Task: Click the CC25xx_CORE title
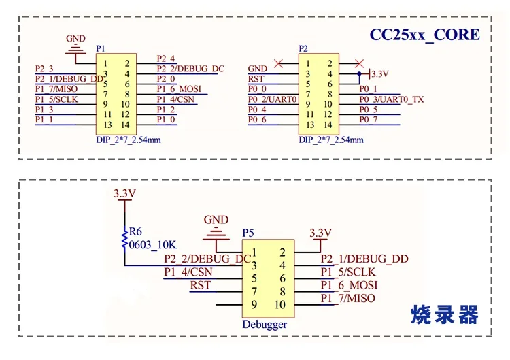pyautogui.click(x=424, y=35)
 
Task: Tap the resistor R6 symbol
pyautogui.click(x=124, y=241)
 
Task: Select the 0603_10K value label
pyautogui.click(x=152, y=245)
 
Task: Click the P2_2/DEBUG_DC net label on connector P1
pyautogui.click(x=190, y=69)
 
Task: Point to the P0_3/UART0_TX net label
pyautogui.click(x=392, y=99)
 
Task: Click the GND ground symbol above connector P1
pyautogui.click(x=75, y=49)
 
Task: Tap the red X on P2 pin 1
pyautogui.click(x=278, y=63)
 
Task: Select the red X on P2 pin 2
pyautogui.click(x=359, y=63)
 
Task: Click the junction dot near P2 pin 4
pyautogui.click(x=359, y=74)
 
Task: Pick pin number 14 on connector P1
pyautogui.click(x=125, y=125)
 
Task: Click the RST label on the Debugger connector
pyautogui.click(x=201, y=285)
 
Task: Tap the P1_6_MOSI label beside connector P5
pyautogui.click(x=349, y=285)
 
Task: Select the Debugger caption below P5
pyautogui.click(x=265, y=325)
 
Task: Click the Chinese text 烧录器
pyautogui.click(x=444, y=314)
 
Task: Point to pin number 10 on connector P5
pyautogui.click(x=280, y=305)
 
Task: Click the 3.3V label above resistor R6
pyautogui.click(x=124, y=194)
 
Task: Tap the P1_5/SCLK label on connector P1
pyautogui.click(x=56, y=99)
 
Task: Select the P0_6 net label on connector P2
pyautogui.click(x=257, y=120)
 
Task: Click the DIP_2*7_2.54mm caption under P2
pyautogui.click(x=331, y=140)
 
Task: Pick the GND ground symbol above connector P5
pyautogui.click(x=216, y=233)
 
